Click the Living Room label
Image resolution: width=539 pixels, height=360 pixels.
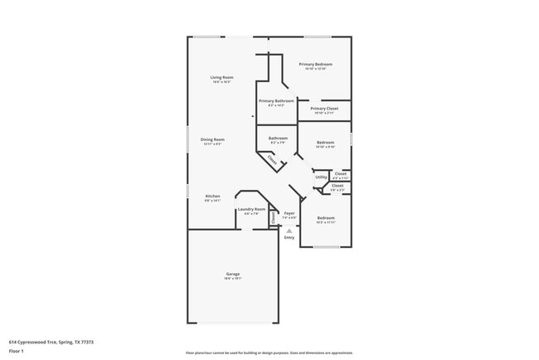pyautogui.click(x=221, y=77)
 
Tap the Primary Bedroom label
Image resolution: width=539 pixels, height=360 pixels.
pyautogui.click(x=316, y=64)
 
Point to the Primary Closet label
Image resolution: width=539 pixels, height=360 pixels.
pyautogui.click(x=324, y=109)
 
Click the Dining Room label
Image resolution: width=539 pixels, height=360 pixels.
pyautogui.click(x=214, y=139)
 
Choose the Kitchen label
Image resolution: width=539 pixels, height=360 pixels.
pyautogui.click(x=213, y=196)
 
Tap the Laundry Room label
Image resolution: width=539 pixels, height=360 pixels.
pyautogui.click(x=251, y=209)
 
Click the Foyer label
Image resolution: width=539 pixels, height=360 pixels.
pyautogui.click(x=289, y=213)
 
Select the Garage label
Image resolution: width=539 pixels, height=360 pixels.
pyautogui.click(x=233, y=274)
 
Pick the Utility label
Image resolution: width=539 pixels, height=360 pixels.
pyautogui.click(x=320, y=178)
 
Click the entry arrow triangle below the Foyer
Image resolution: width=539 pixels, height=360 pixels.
pyautogui.click(x=289, y=231)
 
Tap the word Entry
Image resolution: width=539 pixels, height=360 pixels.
pyautogui.click(x=289, y=238)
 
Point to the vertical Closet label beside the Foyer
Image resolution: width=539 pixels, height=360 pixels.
pyautogui.click(x=273, y=217)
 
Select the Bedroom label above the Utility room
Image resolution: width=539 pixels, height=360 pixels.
pyautogui.click(x=325, y=143)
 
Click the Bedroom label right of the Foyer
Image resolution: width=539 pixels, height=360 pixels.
pyautogui.click(x=325, y=217)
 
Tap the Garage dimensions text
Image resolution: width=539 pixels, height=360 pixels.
pyautogui.click(x=233, y=279)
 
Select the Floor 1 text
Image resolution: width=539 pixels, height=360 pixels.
pyautogui.click(x=17, y=352)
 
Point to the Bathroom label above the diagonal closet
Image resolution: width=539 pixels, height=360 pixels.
pyautogui.click(x=278, y=138)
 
